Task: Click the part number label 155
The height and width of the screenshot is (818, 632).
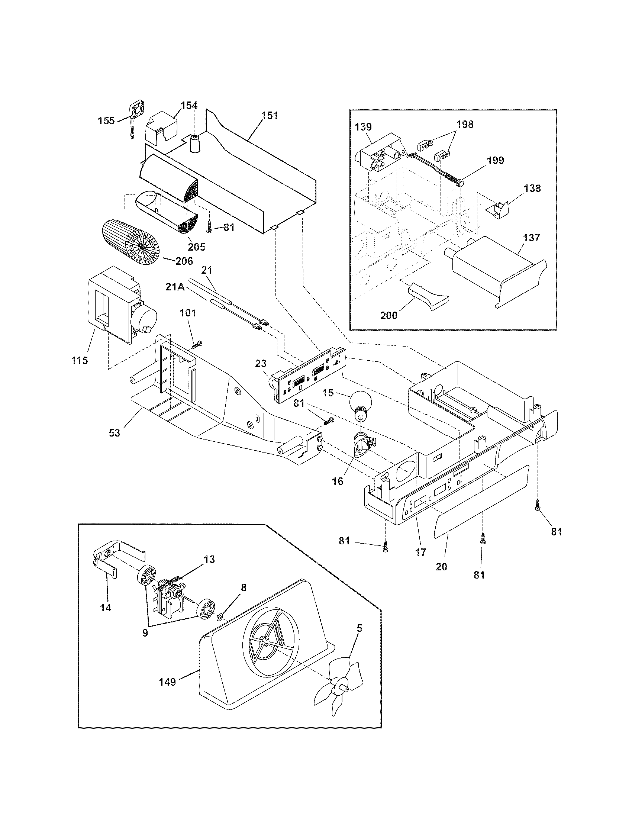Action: click(106, 121)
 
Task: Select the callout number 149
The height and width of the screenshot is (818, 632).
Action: click(167, 682)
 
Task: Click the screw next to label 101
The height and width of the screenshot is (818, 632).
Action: click(197, 344)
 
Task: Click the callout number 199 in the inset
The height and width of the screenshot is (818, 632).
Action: click(495, 160)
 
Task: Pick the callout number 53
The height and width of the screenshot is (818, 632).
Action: click(115, 432)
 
